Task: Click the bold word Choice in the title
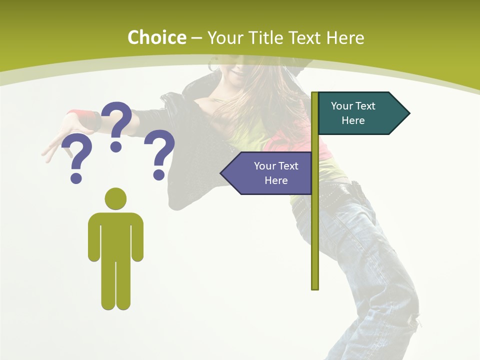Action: point(156,37)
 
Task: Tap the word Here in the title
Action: point(345,37)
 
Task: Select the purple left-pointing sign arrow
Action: point(267,173)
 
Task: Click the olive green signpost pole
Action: point(315,240)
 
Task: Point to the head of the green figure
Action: point(115,198)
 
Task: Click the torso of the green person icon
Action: point(115,235)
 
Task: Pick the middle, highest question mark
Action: point(117,125)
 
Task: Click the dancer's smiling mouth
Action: point(239,73)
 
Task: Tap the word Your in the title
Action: point(224,37)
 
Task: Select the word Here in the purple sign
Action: point(276,180)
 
